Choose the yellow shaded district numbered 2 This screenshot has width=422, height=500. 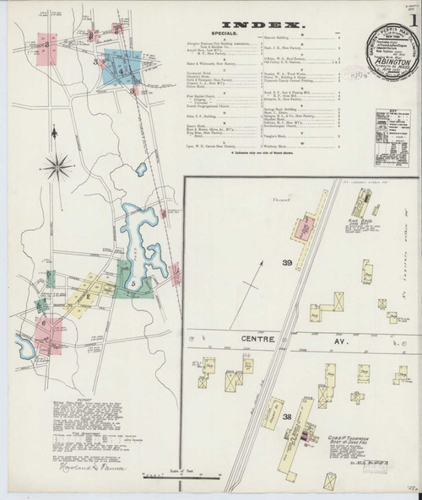[87, 296]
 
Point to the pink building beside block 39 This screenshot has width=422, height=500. [305, 226]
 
